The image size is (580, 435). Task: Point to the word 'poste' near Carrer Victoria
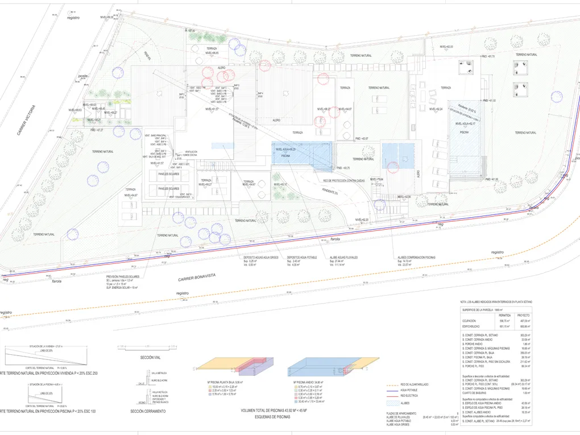tap(84, 76)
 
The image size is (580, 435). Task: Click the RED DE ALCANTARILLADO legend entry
tap(414, 385)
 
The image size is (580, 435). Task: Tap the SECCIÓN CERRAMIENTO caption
tap(147, 411)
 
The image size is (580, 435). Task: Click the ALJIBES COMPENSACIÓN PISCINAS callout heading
tap(416, 257)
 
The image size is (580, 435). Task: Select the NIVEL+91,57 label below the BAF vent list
tap(157, 163)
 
